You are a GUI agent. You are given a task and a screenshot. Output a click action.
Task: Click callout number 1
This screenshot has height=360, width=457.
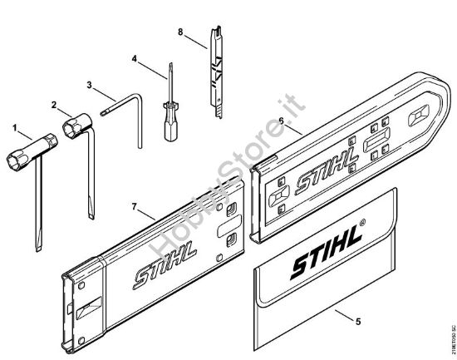coord(15,126)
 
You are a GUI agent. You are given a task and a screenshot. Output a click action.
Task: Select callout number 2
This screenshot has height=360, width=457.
coord(53,105)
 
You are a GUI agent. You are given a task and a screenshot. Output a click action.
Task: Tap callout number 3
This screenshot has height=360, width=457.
coord(90,84)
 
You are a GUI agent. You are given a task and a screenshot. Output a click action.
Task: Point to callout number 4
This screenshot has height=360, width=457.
coord(134,58)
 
